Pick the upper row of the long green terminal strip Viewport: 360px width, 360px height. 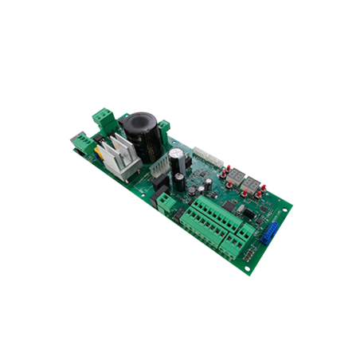click(199, 205)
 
